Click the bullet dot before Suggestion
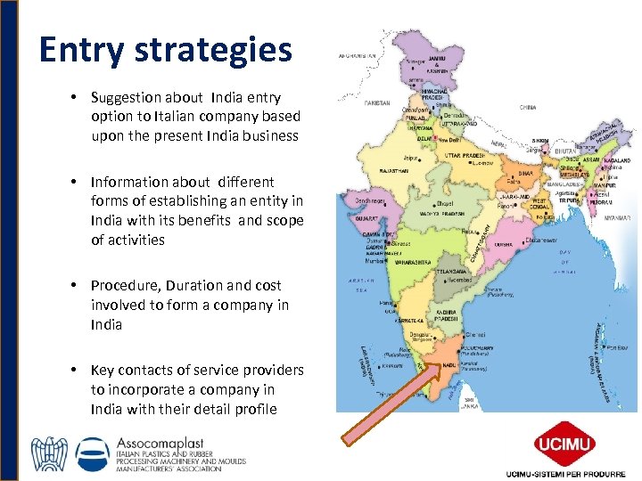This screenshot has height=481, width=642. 78,97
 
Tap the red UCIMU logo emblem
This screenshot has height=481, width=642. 561,443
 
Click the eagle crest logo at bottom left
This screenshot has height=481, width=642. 49,453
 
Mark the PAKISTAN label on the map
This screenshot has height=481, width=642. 377,103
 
